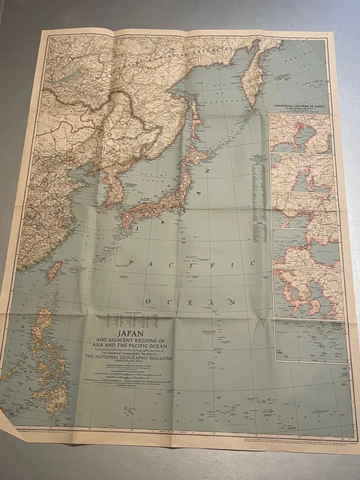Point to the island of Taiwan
[x=54, y=271]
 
